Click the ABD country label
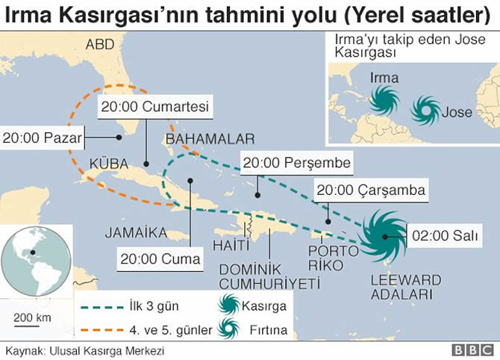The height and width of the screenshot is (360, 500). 100,45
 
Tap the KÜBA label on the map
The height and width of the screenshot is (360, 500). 108,164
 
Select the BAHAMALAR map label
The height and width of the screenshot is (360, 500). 210,139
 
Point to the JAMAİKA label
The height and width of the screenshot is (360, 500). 136,232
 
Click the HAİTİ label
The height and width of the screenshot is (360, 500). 231,246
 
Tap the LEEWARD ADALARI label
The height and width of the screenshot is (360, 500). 406,287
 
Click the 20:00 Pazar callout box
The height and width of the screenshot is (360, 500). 42,137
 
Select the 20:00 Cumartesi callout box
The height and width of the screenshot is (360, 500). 156,106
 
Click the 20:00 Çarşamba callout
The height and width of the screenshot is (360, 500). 370,190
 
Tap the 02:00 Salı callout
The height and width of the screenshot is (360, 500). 445,237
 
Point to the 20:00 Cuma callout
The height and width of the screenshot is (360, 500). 160,260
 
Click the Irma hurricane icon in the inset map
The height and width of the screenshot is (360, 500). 385,99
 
